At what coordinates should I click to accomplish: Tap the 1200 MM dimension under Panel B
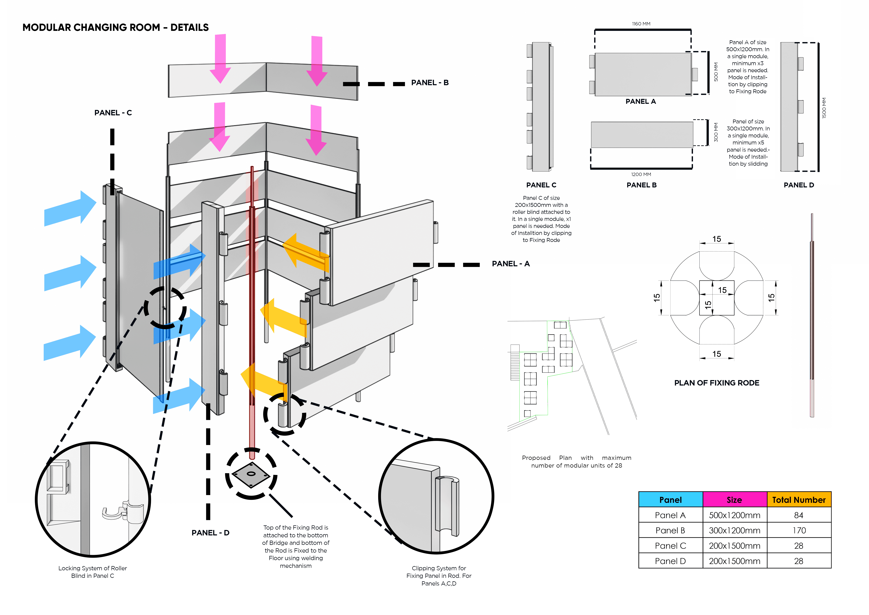tap(641, 175)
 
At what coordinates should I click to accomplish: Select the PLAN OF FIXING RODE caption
tap(716, 383)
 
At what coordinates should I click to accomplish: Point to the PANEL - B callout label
tap(430, 83)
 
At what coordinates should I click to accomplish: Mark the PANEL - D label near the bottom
tap(210, 533)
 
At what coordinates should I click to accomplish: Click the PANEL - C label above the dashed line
tap(113, 113)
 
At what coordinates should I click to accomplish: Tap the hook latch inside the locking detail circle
tap(117, 512)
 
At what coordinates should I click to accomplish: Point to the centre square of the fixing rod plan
tap(716, 298)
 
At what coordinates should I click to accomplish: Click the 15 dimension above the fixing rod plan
tap(716, 239)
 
